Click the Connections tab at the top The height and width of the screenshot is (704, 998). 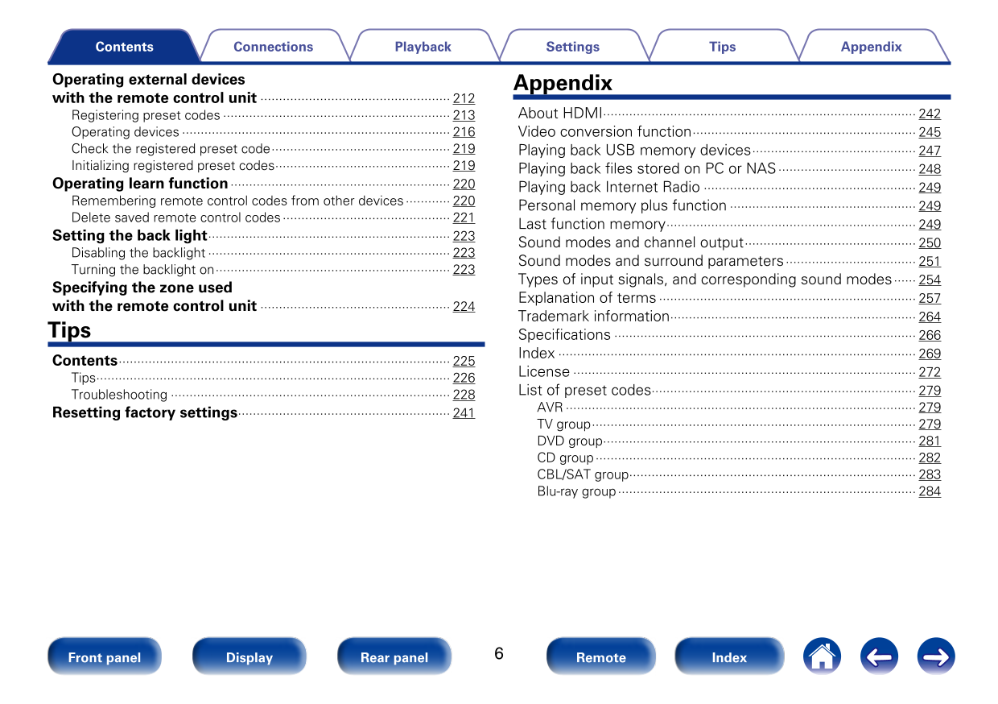(273, 47)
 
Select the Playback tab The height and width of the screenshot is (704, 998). (423, 47)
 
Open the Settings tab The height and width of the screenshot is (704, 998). (572, 47)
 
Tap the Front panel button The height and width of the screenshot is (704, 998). (105, 657)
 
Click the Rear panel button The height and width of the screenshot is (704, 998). (394, 657)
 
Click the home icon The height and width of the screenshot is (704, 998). (821, 656)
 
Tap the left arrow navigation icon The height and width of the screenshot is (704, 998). (879, 656)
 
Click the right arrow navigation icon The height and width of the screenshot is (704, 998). (936, 656)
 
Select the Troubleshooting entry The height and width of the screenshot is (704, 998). (119, 395)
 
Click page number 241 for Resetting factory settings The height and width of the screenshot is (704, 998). (464, 413)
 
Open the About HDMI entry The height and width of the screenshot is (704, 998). (560, 114)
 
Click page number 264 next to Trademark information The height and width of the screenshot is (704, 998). (930, 317)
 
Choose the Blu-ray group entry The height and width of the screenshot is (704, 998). (576, 491)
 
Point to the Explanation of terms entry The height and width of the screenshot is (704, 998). (587, 298)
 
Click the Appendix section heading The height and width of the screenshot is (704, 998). (563, 83)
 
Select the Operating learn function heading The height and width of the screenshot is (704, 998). (140, 184)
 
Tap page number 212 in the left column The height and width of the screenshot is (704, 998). (464, 98)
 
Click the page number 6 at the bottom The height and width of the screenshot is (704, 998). (499, 653)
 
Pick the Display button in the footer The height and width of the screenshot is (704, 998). (249, 657)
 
